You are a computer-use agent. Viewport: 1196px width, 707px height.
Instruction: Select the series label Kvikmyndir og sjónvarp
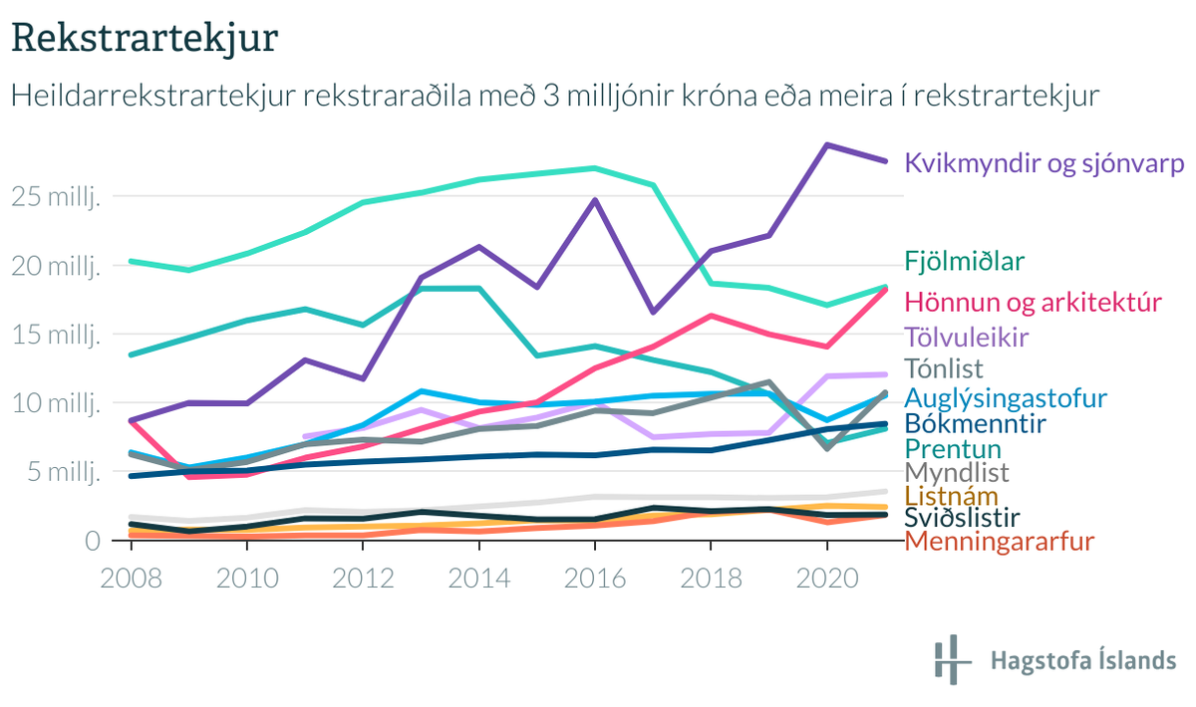coord(1044,163)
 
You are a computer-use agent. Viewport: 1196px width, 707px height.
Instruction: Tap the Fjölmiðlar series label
coord(965,261)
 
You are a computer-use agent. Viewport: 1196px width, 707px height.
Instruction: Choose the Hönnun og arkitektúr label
coord(1034,301)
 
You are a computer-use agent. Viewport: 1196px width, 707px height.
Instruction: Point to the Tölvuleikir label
coord(966,337)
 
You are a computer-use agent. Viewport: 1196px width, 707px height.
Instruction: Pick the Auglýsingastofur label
coord(1006,398)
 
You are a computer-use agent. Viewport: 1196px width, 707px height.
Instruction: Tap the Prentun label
coord(952,449)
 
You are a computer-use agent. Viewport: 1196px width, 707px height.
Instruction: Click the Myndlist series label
coord(956,472)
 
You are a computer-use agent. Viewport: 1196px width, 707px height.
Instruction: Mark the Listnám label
coord(951,495)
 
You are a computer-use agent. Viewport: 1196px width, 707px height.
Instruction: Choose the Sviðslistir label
coord(961,518)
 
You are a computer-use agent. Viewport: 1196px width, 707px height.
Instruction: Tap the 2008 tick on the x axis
coord(132,579)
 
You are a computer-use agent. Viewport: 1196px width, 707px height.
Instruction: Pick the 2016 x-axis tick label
coord(595,579)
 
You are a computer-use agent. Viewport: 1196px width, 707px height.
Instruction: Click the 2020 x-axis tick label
coord(826,579)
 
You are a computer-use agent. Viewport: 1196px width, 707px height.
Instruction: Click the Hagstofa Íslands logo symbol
coord(952,659)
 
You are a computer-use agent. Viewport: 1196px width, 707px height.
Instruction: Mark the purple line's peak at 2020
coord(826,144)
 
